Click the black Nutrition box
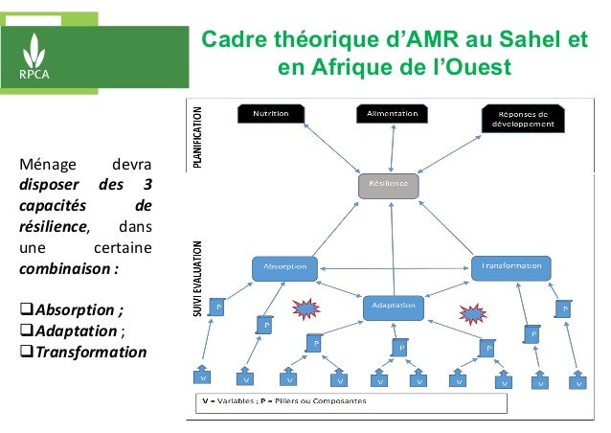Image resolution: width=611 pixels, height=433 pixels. pos(270,113)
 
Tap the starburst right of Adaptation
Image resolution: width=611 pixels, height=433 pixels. pos(473,313)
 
